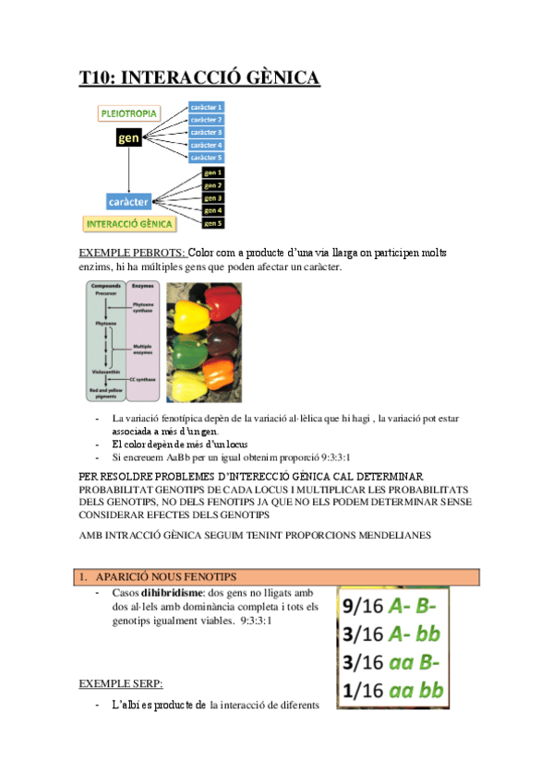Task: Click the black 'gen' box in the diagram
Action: (x=129, y=138)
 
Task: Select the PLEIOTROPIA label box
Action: (x=129, y=113)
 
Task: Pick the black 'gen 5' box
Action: (x=213, y=223)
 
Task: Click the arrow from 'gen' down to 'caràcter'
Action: (x=128, y=171)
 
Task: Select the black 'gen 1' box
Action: (x=213, y=172)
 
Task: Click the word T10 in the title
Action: (x=95, y=78)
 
